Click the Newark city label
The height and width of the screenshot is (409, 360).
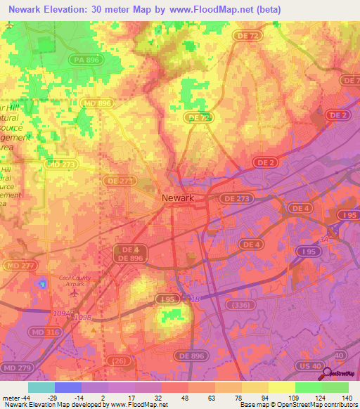pyautogui.click(x=177, y=198)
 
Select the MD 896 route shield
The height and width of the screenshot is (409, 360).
pyautogui.click(x=97, y=103)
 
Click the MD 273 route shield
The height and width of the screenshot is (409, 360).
pyautogui.click(x=61, y=164)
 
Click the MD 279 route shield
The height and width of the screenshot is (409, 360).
pyautogui.click(x=15, y=368)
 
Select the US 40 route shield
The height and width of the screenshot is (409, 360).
pyautogui.click(x=311, y=368)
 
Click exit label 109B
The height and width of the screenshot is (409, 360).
pyautogui.click(x=83, y=318)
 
